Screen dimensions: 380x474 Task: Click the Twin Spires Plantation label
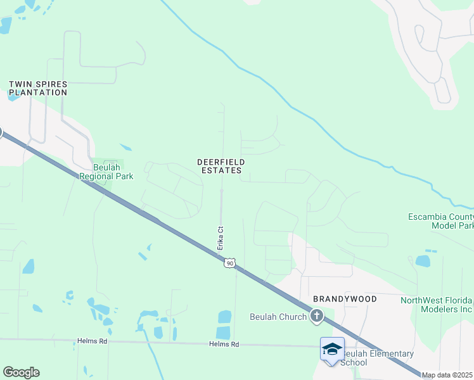[x=38, y=88]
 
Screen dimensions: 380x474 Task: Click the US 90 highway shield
[x=230, y=263]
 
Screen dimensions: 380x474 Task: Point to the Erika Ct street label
[x=221, y=238]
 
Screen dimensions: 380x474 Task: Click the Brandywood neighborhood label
[x=345, y=298]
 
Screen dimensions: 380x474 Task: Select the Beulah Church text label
[x=278, y=316]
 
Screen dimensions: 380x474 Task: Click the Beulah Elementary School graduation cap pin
[x=332, y=349]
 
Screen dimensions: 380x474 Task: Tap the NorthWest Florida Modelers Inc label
[x=437, y=305]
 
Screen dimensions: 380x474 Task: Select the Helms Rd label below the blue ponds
[x=225, y=344]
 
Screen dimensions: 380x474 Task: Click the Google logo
[x=21, y=372]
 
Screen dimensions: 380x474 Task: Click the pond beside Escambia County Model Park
[x=423, y=260]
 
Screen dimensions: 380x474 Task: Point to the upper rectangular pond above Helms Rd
[x=224, y=316]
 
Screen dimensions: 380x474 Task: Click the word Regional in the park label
[x=95, y=176]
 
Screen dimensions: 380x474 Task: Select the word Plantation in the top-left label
[x=38, y=92]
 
